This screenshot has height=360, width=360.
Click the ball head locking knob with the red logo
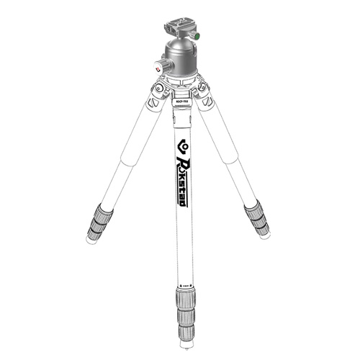159,66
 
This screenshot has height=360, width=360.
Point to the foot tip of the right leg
266,235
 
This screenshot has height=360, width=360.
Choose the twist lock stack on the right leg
257,218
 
